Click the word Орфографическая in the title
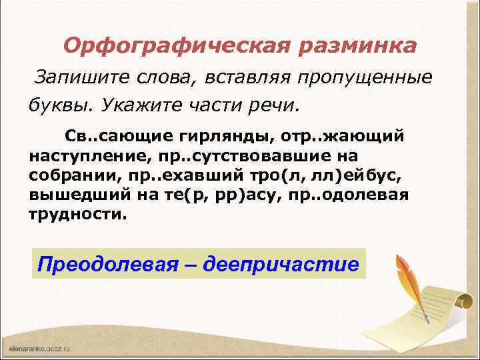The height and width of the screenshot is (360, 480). click(169, 46)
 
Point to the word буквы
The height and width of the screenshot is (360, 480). click(56, 106)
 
